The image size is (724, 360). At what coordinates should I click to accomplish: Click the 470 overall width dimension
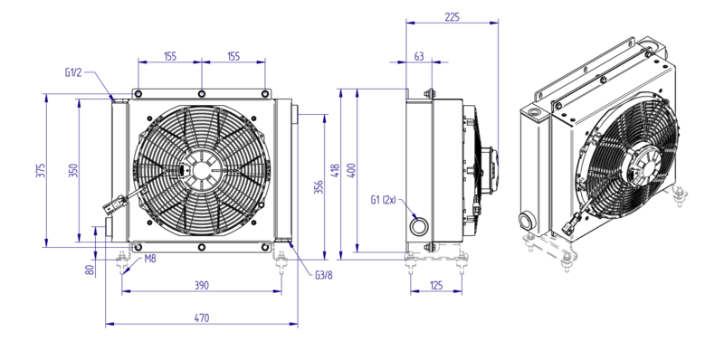click(201, 318)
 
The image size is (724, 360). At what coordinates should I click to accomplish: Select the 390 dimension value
click(201, 285)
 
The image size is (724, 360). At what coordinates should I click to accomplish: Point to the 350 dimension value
click(74, 170)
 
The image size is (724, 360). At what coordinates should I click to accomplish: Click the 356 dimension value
click(319, 187)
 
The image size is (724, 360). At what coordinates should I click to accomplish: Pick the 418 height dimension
click(335, 170)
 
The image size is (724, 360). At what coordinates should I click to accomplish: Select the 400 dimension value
click(351, 170)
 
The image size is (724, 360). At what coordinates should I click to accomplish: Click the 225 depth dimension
click(452, 17)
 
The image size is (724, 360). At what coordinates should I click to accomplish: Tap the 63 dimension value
click(419, 56)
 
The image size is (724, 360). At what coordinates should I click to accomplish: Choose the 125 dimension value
click(435, 285)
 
